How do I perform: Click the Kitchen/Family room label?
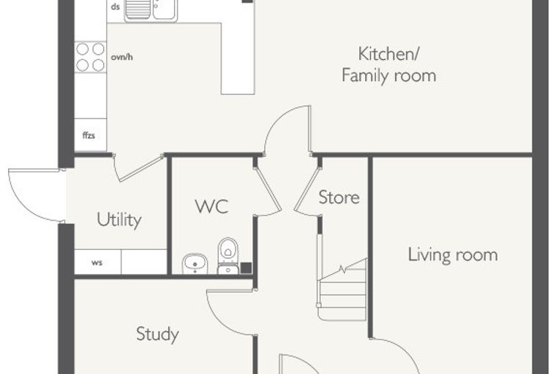[388, 65]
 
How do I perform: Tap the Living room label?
[452, 255]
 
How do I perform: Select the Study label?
[157, 334]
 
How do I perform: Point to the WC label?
[211, 207]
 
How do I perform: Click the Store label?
[339, 197]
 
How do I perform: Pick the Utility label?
[119, 220]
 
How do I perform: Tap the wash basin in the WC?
[195, 264]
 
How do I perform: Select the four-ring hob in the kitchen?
[91, 57]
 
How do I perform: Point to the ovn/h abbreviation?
[122, 57]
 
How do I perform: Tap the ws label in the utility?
[97, 262]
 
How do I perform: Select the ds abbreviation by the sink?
[116, 7]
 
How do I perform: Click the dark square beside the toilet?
[246, 268]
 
